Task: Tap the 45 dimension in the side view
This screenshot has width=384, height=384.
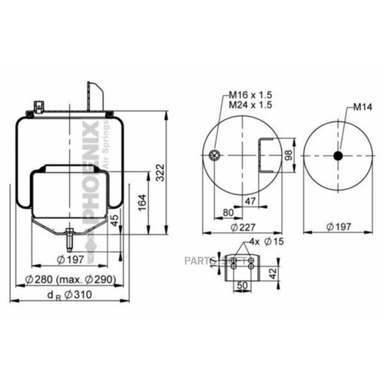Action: coord(115,223)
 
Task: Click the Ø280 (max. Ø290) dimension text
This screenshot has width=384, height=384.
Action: coord(71,279)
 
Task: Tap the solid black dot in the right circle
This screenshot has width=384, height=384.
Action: coord(338,156)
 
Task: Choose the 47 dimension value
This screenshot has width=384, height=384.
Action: coord(250,201)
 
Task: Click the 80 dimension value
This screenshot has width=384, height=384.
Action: coord(228,214)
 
